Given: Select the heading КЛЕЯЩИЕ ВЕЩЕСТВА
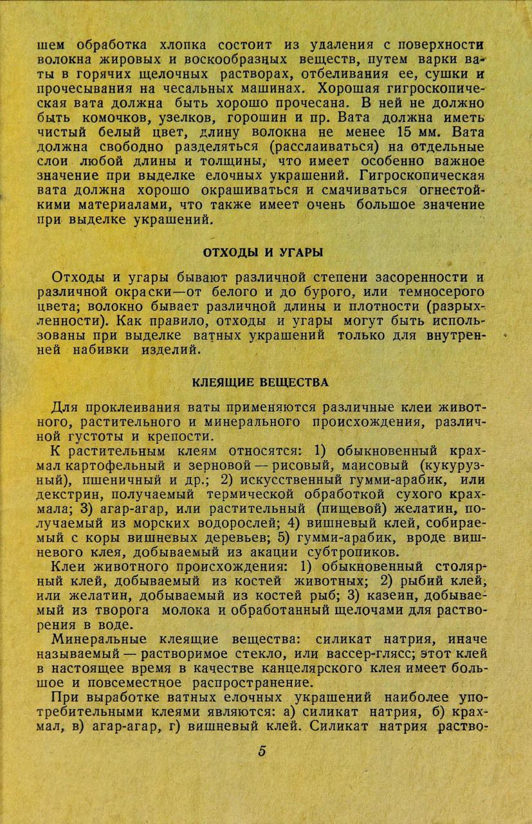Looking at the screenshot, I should (x=261, y=383).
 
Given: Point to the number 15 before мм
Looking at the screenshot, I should (x=405, y=134).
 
